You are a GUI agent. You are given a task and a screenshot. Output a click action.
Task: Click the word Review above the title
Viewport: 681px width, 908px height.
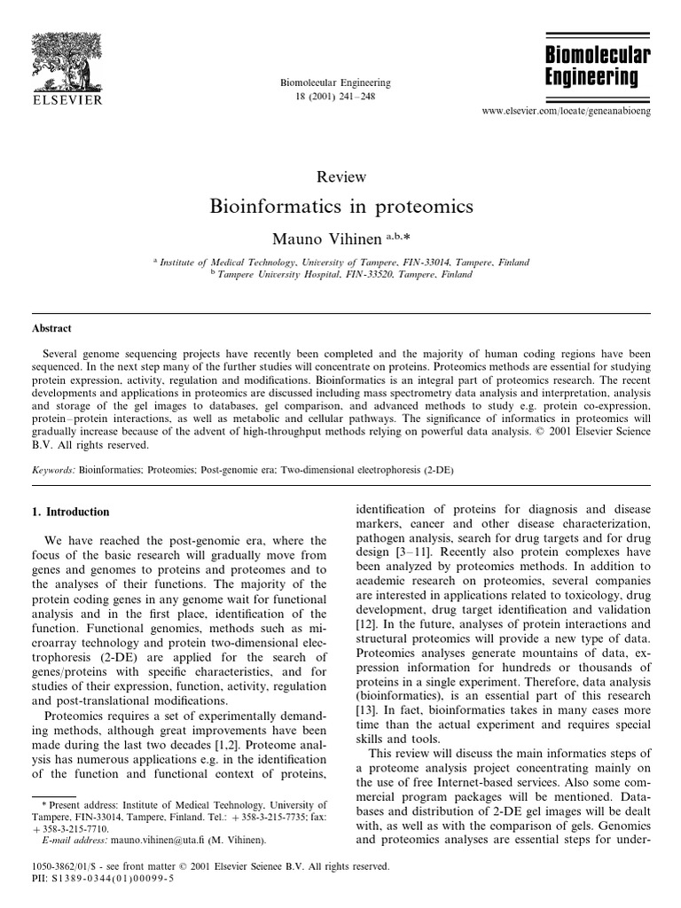coord(341,178)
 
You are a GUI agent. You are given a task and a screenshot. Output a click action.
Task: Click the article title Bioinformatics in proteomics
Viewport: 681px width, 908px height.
coord(341,207)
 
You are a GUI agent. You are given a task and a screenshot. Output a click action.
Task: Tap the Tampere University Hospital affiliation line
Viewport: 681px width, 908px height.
coord(341,275)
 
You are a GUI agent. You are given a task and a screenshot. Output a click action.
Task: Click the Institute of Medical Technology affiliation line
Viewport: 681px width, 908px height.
coord(341,262)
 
